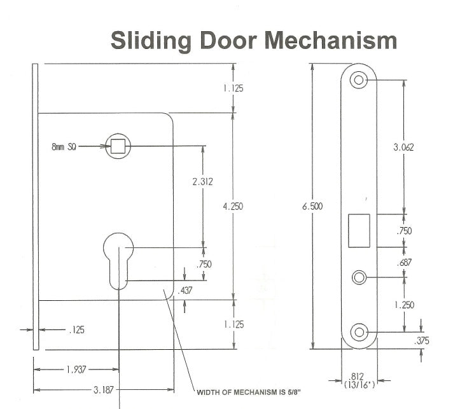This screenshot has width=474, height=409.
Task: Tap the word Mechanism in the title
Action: (331, 40)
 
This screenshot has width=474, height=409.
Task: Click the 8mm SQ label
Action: (64, 146)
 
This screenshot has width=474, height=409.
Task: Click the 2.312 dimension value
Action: (202, 182)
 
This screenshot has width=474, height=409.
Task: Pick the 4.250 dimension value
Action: (234, 206)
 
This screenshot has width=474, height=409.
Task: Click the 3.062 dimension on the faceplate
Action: (404, 147)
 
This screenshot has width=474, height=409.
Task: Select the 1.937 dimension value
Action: (76, 369)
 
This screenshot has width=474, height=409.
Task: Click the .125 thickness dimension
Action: (76, 330)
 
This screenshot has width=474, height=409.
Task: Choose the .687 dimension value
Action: (404, 263)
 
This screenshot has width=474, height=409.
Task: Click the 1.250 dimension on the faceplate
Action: (404, 305)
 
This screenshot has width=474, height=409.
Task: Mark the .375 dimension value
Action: (421, 341)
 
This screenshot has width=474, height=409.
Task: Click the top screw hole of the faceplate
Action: (359, 80)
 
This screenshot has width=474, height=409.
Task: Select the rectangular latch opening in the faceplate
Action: (359, 230)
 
